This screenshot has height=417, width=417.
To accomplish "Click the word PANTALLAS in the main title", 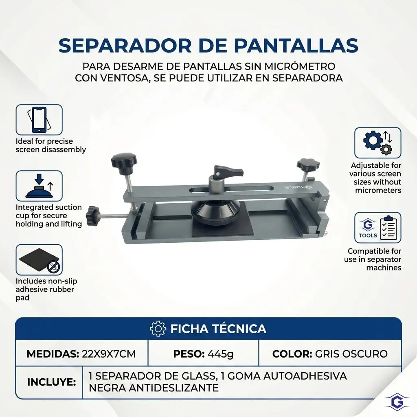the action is [296, 46].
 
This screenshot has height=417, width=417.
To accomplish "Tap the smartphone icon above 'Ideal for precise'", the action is [39, 120].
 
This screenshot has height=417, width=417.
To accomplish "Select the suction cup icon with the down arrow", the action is [39, 186].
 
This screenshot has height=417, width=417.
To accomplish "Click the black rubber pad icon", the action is [39, 260].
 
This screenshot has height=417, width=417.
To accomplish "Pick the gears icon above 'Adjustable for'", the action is [377, 143].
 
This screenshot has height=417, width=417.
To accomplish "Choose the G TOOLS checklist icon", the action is [377, 228].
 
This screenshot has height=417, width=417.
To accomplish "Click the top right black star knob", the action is [308, 165].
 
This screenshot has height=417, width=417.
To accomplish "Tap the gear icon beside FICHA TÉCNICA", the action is [158, 329].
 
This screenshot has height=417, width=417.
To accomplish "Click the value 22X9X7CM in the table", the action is [109, 354].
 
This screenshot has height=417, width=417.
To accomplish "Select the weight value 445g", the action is [220, 354].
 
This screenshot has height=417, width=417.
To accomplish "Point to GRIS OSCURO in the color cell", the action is [351, 354].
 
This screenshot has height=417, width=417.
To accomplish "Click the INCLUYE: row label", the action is [52, 382].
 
